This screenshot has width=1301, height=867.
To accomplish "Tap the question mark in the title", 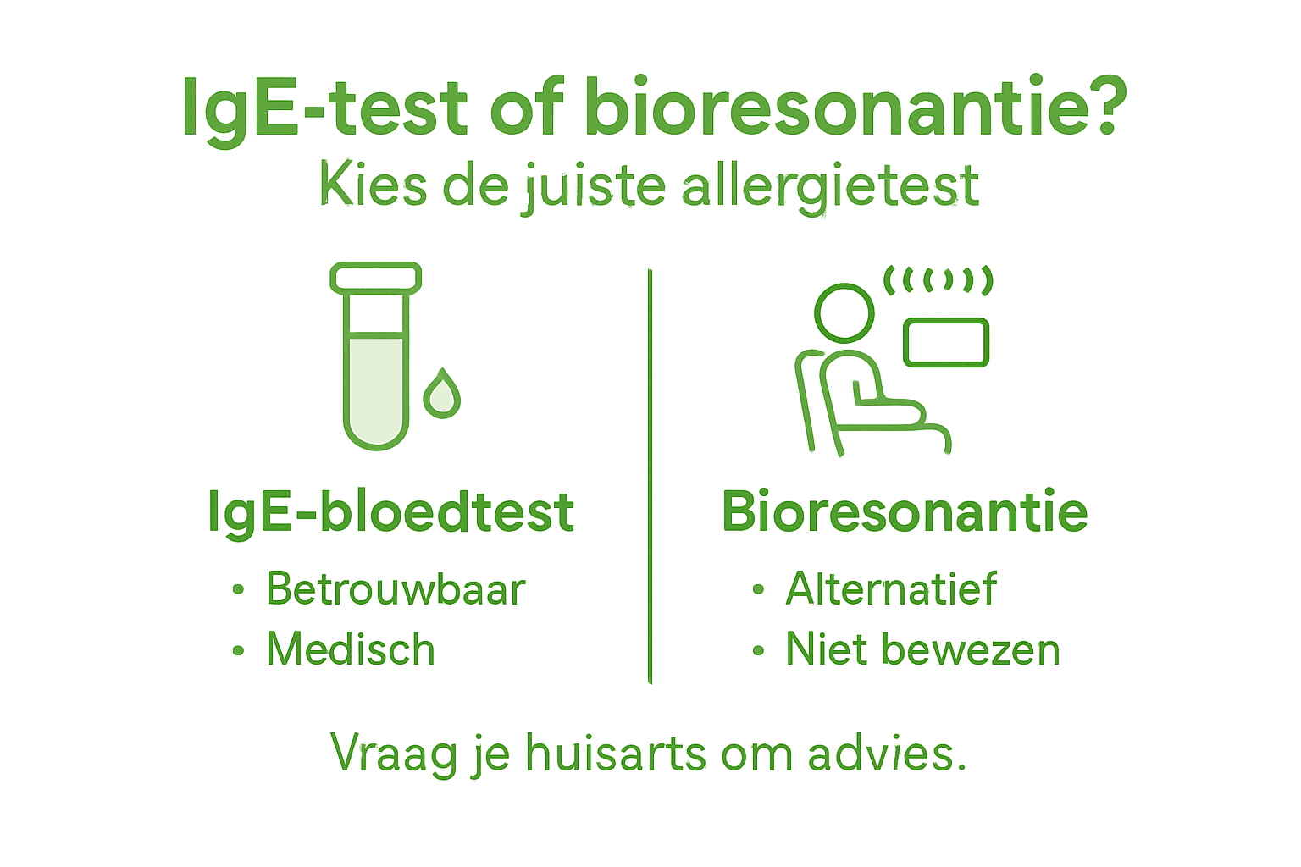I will coord(1104,107).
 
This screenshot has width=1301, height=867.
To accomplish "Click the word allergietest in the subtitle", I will coord(830,186).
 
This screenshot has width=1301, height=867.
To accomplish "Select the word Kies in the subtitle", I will coord(373,185).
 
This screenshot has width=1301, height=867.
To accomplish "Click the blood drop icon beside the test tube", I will coord(441,395).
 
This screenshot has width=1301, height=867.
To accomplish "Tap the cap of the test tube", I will coord(375,278).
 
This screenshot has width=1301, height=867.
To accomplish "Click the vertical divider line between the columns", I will coord(650,474).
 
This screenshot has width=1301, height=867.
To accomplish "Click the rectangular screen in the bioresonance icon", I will coord(946,343).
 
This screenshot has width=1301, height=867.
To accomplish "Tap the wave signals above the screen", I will coord(938,279).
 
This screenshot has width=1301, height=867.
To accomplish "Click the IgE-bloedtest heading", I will coord(390,512).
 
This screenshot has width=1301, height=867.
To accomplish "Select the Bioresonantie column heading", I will coord(905,511).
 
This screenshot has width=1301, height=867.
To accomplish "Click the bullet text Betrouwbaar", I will coord(396,588).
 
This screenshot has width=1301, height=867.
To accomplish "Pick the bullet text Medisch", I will coord(351,649).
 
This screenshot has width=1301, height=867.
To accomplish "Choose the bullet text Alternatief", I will coord(891,588).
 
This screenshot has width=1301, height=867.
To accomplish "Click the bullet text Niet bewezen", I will coord(922,649).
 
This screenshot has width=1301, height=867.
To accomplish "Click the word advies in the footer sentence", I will coord(886,753).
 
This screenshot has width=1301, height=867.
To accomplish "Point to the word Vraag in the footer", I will coord(394,754).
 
